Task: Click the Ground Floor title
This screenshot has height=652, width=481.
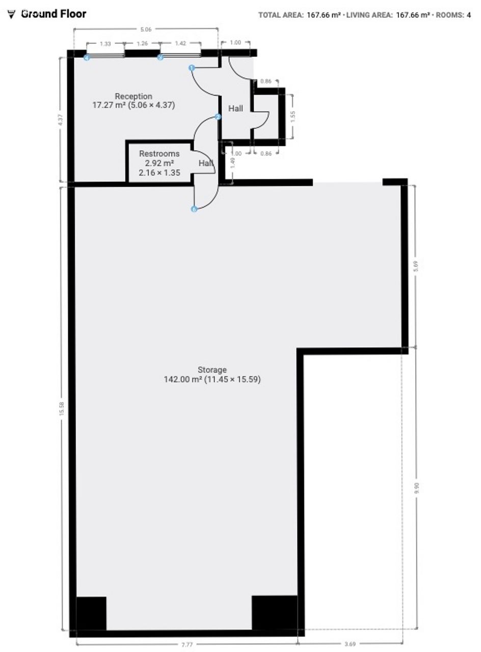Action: coord(54,14)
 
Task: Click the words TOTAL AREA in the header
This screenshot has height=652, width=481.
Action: coord(281,15)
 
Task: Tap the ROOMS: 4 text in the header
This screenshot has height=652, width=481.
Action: coord(453,15)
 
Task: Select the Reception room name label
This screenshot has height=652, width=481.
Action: coord(133,96)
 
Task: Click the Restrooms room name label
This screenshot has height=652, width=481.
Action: coord(159,153)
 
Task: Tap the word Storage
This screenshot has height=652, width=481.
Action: coord(212,370)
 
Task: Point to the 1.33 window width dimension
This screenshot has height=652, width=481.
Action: coord(105,44)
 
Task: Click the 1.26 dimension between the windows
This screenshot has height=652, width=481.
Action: coord(142,43)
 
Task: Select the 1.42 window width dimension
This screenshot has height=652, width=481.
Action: coord(180,43)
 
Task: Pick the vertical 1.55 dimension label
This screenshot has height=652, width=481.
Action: coord(293,117)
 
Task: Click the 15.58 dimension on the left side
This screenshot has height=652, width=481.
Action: coord(62,409)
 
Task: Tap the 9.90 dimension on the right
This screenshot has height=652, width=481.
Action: coord(417,487)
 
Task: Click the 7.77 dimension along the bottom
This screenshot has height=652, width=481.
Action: coord(187,644)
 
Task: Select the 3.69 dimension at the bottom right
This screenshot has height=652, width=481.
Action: coord(350,644)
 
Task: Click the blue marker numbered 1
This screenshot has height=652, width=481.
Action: coord(192,68)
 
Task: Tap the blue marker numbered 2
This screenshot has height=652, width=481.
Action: coord(218,117)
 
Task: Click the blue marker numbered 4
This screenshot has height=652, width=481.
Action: coord(87,58)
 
